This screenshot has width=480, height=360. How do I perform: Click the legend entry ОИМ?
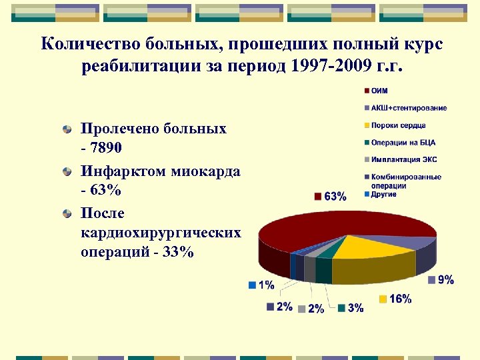(x=378, y=91)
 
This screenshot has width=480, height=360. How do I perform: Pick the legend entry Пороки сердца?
(x=398, y=125)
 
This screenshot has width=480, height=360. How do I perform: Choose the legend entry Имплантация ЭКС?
(x=404, y=160)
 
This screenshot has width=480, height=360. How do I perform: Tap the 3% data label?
(x=355, y=307)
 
